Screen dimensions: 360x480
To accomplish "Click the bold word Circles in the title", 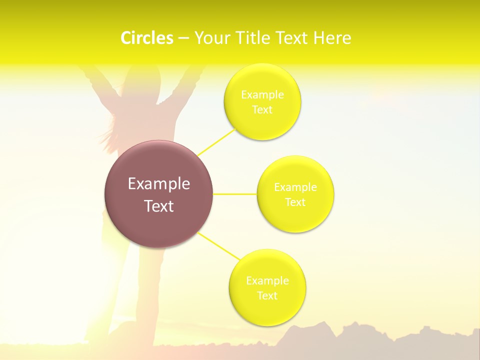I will (147, 38).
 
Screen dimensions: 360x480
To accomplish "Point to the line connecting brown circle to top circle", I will (217, 141).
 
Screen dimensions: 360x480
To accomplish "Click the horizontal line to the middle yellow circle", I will (234, 194).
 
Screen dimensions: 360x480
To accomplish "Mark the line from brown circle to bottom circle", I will (218, 246).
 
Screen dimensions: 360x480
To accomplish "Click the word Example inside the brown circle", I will (158, 184).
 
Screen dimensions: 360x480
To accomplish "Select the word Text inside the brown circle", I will (158, 206).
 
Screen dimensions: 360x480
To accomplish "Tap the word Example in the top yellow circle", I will (262, 94).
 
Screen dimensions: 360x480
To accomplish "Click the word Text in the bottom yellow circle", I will (267, 295).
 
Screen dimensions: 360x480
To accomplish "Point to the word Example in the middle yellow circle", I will (295, 187).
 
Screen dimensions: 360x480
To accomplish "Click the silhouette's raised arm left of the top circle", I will (192, 82).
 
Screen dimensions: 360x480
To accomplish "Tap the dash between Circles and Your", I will (183, 38).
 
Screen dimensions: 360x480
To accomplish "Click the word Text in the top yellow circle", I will (262, 109).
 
